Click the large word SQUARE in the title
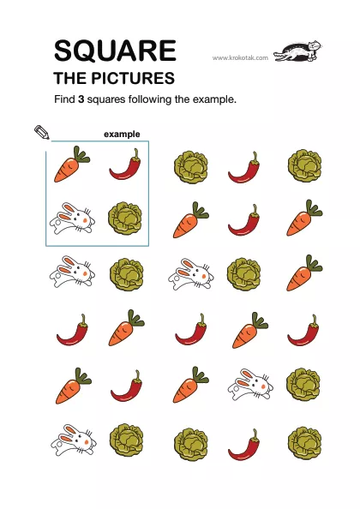click(x=115, y=51)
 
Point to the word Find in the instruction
click(x=64, y=99)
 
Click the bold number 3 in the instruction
click(x=81, y=99)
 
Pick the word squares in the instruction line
click(x=106, y=99)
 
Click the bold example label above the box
click(x=122, y=135)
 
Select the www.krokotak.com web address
click(x=240, y=57)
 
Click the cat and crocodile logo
click(x=297, y=51)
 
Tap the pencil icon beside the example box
click(x=42, y=133)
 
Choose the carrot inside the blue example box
click(x=71, y=164)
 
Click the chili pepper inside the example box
click(x=125, y=165)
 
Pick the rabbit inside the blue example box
click(x=72, y=219)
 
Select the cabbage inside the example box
click(x=124, y=218)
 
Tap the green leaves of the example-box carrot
click(x=81, y=154)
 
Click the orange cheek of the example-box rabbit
click(x=86, y=220)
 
